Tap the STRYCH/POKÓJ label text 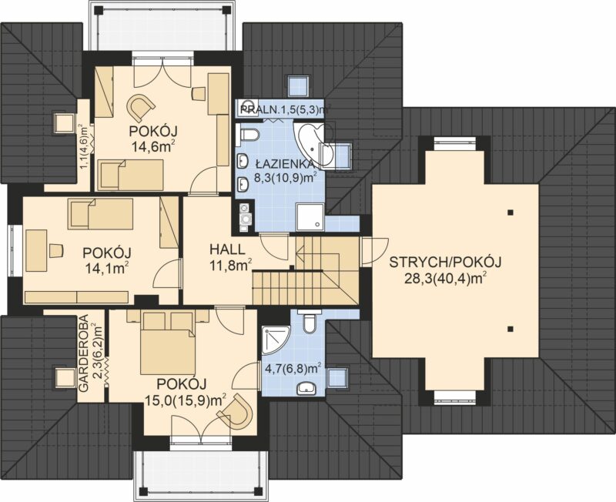tap(445, 262)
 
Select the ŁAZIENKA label tap(284, 163)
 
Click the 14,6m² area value tap(153, 147)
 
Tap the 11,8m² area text tap(230, 266)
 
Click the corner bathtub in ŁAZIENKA tap(312, 145)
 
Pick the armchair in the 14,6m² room tap(139, 107)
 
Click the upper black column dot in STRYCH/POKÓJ tap(510, 213)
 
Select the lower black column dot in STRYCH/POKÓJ tap(510, 329)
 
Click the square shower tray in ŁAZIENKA tap(310, 216)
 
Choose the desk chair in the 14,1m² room tap(56, 250)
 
